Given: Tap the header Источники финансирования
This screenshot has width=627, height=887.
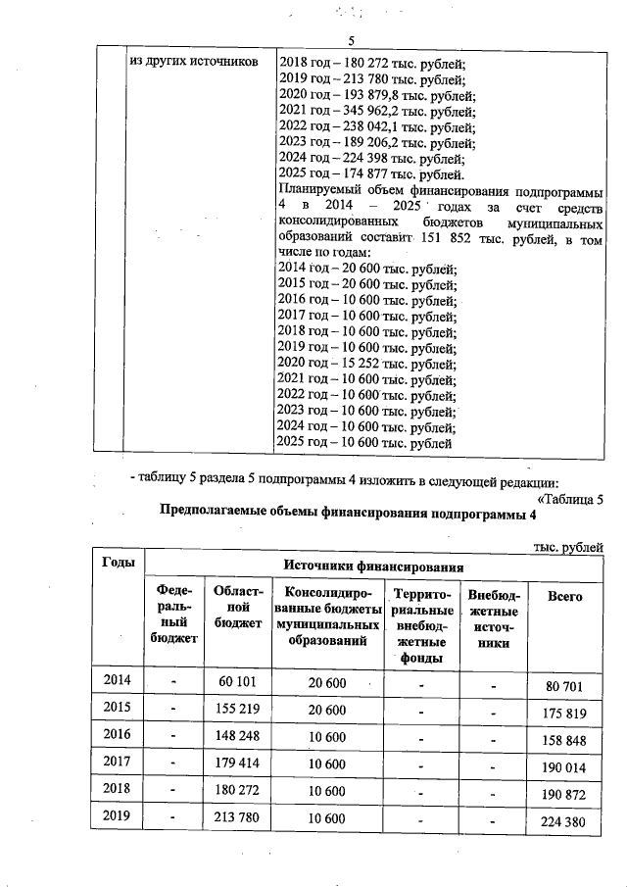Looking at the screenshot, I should coord(372,566).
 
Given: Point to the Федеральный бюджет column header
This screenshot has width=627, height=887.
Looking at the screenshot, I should coord(172,615).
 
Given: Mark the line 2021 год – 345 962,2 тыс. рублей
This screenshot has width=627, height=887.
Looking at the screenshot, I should coord(377,112).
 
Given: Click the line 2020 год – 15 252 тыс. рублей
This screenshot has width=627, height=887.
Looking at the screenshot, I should coord(368,363).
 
